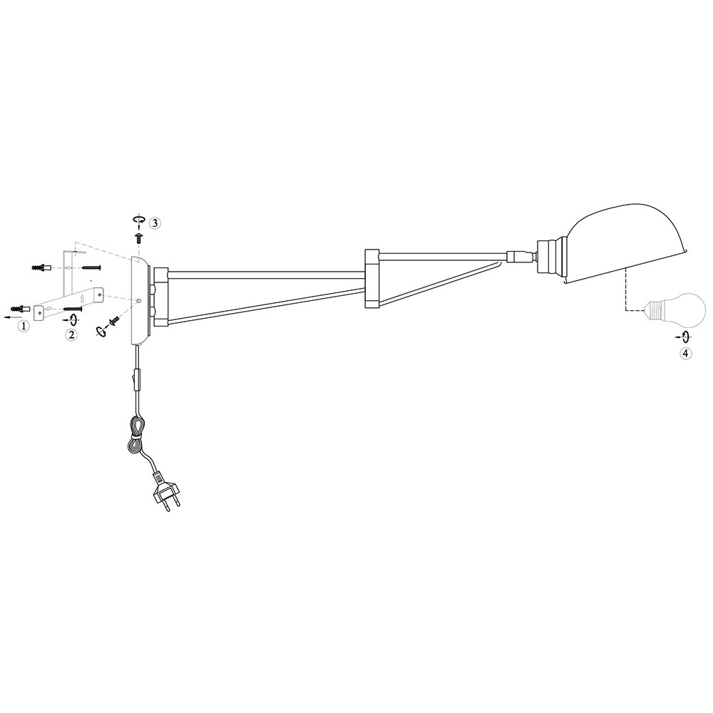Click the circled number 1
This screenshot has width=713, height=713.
[x=24, y=326]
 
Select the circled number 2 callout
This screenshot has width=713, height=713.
[x=71, y=335]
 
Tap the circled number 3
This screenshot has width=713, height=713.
[x=155, y=222]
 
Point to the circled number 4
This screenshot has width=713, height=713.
[x=686, y=353]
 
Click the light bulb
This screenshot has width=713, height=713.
[x=674, y=312]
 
